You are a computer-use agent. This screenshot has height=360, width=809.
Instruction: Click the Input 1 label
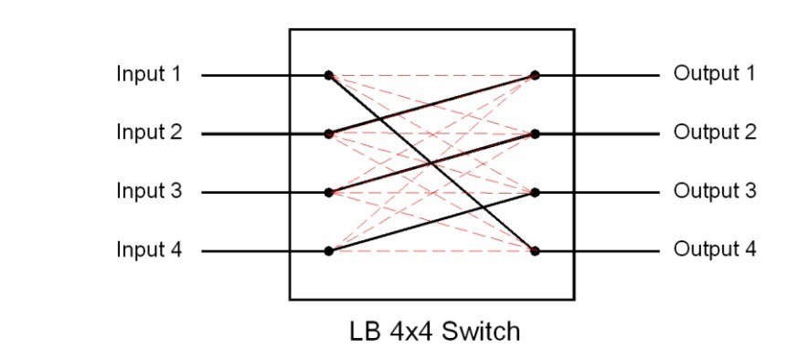[147, 74]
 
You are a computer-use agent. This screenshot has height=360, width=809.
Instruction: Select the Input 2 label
[147, 132]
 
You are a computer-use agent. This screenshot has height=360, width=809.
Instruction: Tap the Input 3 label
[147, 192]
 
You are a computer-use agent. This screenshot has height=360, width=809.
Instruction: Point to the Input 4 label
[147, 249]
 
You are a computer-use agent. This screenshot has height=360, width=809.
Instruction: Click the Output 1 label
[715, 74]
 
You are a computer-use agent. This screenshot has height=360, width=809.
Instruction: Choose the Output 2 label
[715, 132]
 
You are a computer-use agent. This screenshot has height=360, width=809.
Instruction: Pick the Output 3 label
[715, 192]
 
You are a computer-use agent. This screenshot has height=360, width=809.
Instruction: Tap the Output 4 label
[715, 249]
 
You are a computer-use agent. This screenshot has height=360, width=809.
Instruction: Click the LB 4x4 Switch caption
[432, 330]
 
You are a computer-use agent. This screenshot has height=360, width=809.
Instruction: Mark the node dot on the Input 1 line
[327, 75]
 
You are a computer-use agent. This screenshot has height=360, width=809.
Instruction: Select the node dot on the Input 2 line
[327, 133]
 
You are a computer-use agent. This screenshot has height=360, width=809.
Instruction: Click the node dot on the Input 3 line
[327, 193]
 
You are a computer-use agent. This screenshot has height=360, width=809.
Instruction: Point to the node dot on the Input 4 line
[327, 250]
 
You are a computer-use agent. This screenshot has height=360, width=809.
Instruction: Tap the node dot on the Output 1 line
[535, 75]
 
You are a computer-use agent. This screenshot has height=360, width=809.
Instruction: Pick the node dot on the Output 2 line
[535, 133]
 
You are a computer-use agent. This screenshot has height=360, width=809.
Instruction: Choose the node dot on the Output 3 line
[535, 193]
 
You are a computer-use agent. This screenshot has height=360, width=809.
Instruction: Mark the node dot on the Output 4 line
[535, 250]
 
